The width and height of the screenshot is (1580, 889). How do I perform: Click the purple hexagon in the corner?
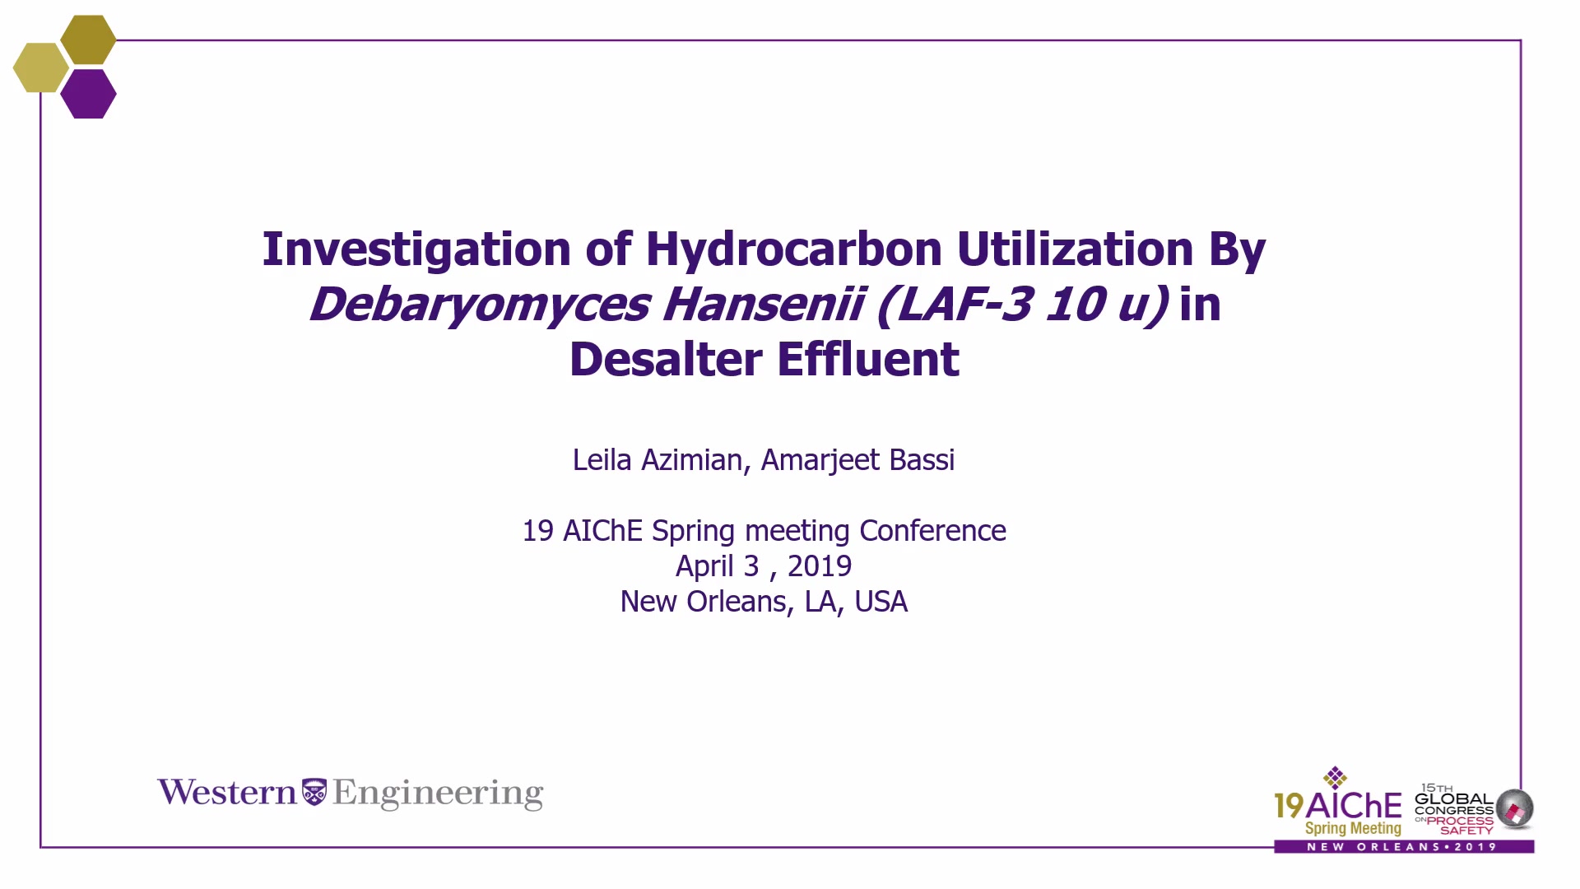[88, 94]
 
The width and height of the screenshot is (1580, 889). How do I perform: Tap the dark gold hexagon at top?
[88, 40]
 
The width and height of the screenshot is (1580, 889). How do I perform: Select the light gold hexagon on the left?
[41, 67]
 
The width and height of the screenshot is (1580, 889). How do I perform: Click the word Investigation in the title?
[416, 249]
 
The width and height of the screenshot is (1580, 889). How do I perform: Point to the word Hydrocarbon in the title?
[794, 249]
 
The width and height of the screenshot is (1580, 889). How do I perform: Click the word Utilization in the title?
[1075, 249]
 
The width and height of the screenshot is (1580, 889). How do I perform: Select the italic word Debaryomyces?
[480, 305]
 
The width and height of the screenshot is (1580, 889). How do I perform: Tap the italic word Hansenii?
[763, 304]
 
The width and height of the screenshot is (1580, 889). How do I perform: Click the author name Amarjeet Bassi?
[857, 460]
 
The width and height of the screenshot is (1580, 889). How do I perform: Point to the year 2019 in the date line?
[820, 566]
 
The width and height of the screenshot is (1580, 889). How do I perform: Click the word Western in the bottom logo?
[227, 792]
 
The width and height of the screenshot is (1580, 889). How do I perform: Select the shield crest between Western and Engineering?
[314, 792]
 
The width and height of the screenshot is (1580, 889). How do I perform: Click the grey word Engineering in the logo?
[438, 794]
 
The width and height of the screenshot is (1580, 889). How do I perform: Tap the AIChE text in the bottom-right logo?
[1354, 805]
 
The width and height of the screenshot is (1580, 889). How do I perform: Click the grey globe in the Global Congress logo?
[1515, 808]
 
